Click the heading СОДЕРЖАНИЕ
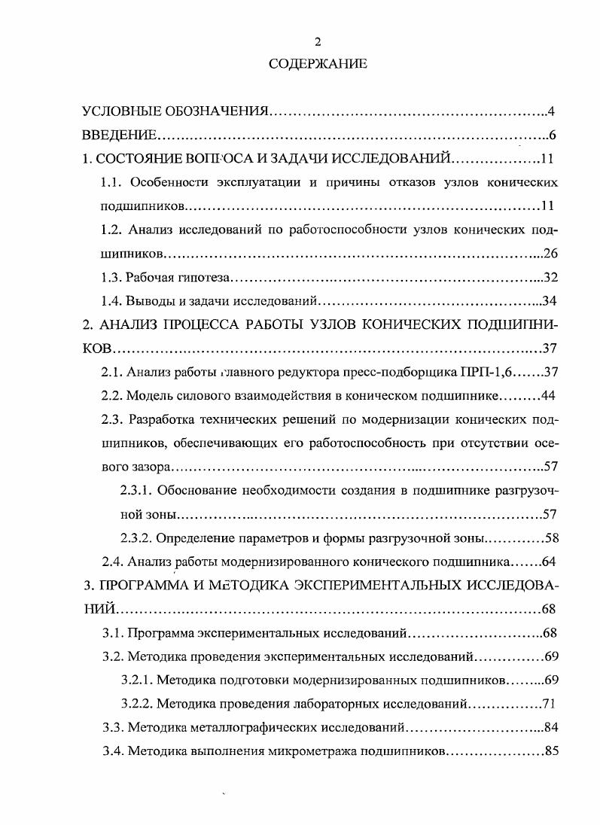click(317, 65)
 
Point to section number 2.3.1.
click(137, 491)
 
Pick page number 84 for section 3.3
click(550, 728)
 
